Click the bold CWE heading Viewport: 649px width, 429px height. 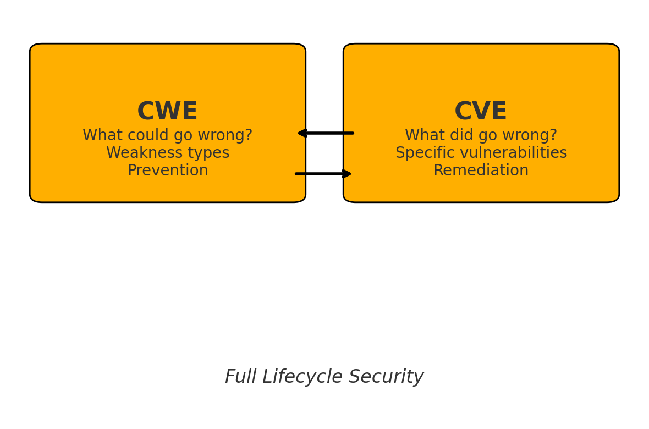pyautogui.click(x=167, y=112)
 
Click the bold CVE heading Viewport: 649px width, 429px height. pyautogui.click(x=481, y=112)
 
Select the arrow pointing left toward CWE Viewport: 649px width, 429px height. pyautogui.click(x=326, y=133)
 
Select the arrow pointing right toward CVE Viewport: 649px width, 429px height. pyautogui.click(x=323, y=174)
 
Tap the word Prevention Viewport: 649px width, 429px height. pyautogui.click(x=168, y=171)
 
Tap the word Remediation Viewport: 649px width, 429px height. pyautogui.click(x=481, y=171)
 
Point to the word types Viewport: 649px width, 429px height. pyautogui.click(x=205, y=153)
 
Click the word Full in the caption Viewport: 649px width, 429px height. pyautogui.click(x=240, y=377)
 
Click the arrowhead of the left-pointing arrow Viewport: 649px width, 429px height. pyautogui.click(x=301, y=133)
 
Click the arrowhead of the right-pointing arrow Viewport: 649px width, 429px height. pyautogui.click(x=347, y=174)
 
